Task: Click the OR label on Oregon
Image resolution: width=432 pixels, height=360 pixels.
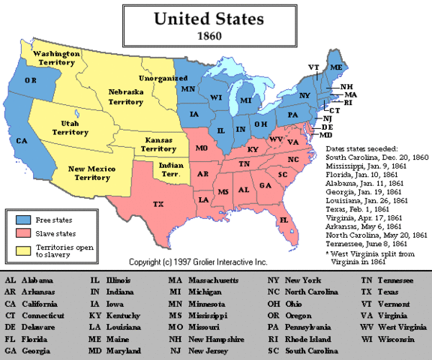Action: (31, 79)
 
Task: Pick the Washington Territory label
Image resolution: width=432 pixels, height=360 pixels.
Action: (59, 59)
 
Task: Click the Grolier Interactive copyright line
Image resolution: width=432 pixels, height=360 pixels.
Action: (199, 262)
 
